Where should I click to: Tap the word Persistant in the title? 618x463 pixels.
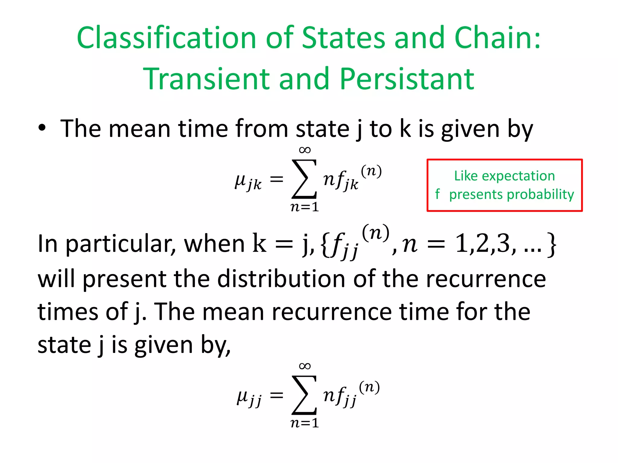coord(407,79)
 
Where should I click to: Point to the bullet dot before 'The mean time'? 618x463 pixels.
coord(42,128)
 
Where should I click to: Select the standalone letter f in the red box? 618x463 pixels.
coord(438,194)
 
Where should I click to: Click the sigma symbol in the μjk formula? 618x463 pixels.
coord(304,179)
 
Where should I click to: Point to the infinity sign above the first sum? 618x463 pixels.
coord(304,150)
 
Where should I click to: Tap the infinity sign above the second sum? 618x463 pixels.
coord(304,366)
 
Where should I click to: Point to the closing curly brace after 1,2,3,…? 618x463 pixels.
coord(551,244)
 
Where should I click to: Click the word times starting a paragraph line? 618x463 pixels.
coord(68,312)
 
